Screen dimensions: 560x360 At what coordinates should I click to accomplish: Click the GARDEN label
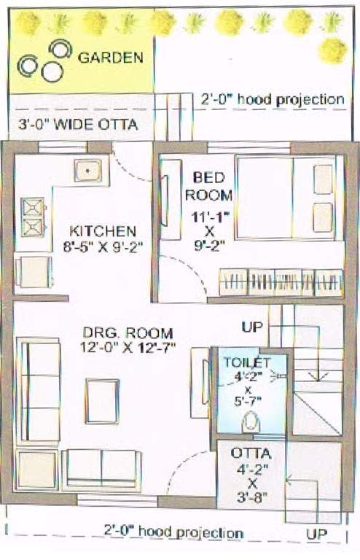click(110, 58)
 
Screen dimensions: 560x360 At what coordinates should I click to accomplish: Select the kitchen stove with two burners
click(33, 217)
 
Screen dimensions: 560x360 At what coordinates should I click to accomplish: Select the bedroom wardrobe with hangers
click(280, 281)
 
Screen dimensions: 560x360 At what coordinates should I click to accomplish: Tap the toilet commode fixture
click(249, 420)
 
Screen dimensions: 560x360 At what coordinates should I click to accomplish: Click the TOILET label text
click(248, 362)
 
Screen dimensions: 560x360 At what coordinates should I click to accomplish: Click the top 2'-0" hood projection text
click(272, 98)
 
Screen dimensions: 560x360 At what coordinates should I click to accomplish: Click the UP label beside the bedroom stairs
click(252, 327)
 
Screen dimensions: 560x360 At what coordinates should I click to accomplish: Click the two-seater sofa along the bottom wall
click(101, 470)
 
